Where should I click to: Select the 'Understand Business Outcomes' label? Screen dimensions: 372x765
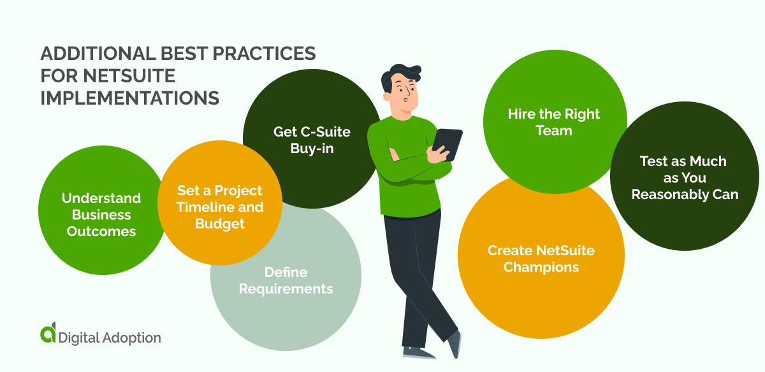[x=101, y=214]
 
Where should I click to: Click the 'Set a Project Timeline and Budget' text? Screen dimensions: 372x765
[x=220, y=207]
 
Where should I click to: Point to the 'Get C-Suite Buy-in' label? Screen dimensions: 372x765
[x=312, y=139]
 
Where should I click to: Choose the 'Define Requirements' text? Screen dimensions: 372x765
[x=286, y=281]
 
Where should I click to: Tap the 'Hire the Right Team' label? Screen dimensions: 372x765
[x=554, y=122]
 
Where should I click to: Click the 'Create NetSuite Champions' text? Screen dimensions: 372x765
[x=541, y=258]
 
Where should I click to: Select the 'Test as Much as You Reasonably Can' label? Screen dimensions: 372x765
[x=685, y=178]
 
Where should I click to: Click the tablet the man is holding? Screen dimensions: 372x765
[x=448, y=144]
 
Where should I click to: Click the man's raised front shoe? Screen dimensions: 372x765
[x=455, y=345]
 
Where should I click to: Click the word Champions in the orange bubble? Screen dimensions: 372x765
[x=541, y=267]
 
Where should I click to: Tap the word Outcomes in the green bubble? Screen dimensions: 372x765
[x=101, y=231]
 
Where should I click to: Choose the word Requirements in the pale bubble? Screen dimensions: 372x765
[x=286, y=289]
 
